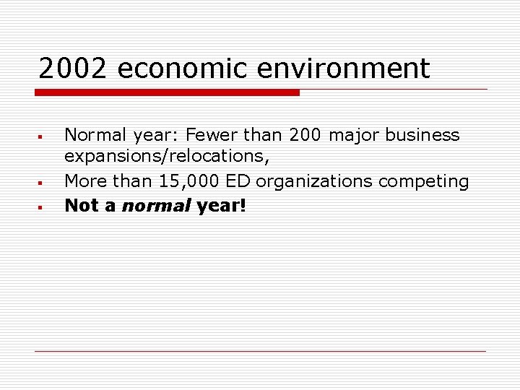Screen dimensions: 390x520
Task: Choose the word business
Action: (422, 135)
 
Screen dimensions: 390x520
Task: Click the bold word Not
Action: (81, 205)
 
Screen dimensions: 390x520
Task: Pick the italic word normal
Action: (157, 205)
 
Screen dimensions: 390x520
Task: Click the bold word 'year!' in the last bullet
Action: (222, 205)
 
